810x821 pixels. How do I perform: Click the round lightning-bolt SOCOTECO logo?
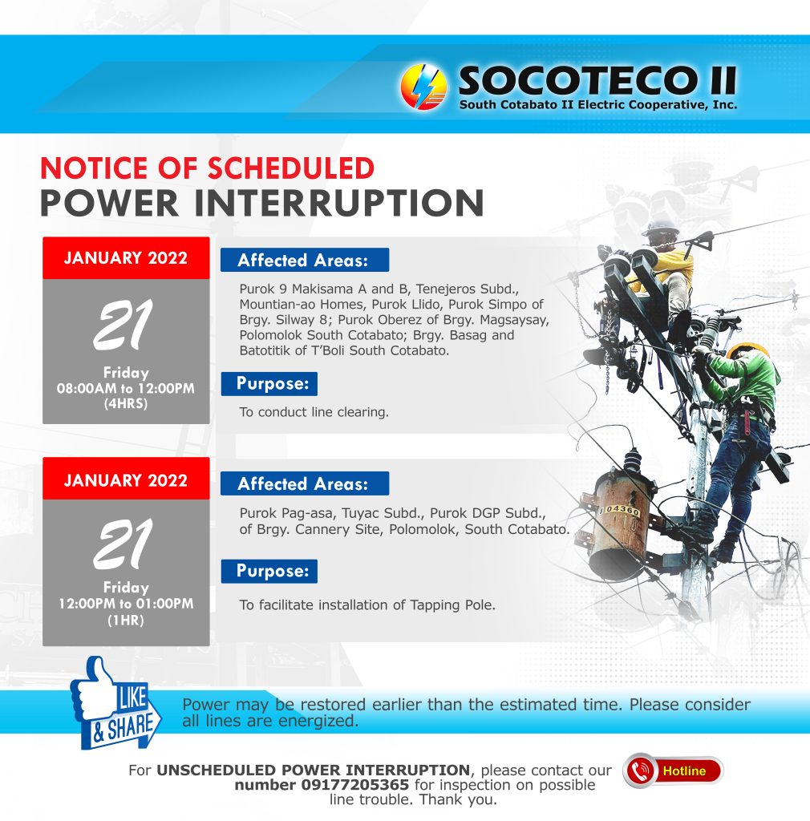pyautogui.click(x=423, y=87)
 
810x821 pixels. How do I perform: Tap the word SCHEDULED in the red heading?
pyautogui.click(x=291, y=168)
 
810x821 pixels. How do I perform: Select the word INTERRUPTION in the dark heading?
pyautogui.click(x=339, y=203)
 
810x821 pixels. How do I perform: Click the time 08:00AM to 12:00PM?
pyautogui.click(x=126, y=389)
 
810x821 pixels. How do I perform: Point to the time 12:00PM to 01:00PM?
pyautogui.click(x=126, y=604)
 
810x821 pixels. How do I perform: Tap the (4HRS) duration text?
pyautogui.click(x=126, y=404)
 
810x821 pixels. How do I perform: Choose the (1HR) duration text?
pyautogui.click(x=126, y=621)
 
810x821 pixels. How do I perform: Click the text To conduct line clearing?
pyautogui.click(x=314, y=413)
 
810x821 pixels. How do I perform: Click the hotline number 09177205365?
pyautogui.click(x=355, y=786)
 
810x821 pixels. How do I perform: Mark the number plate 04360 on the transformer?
pyautogui.click(x=621, y=509)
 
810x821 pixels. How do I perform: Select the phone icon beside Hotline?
pyautogui.click(x=640, y=770)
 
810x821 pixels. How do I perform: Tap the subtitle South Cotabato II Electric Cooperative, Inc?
pyautogui.click(x=598, y=105)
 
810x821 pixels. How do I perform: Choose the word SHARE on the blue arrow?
pyautogui.click(x=129, y=728)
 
